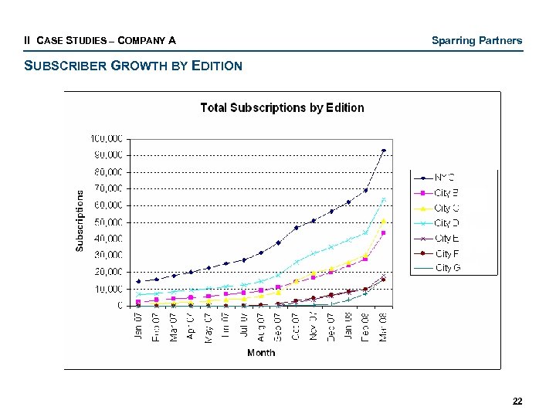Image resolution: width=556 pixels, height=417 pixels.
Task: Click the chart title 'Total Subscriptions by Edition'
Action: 282,108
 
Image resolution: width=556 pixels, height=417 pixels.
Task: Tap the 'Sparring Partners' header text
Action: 476,40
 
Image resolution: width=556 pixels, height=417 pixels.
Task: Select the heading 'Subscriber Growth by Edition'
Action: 134,66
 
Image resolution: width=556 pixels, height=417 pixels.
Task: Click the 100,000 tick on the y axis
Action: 107,139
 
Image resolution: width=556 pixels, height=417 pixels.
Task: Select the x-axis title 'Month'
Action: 261,353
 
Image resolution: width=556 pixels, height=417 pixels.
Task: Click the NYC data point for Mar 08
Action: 384,151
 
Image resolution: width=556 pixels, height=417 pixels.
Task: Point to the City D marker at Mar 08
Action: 384,200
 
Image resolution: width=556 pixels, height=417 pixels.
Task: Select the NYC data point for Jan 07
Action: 138,281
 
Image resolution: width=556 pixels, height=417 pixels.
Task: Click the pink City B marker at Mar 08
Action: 384,232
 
